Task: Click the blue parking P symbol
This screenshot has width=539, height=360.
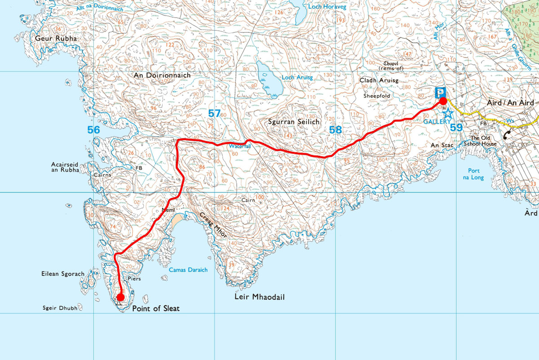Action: [440, 92]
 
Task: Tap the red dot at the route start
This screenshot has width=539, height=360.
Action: [443, 101]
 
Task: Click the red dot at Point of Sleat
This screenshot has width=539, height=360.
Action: [120, 297]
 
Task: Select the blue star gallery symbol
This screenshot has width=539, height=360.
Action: [448, 113]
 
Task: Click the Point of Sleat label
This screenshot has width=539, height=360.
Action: [156, 309]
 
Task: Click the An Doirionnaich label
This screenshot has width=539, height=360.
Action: [162, 76]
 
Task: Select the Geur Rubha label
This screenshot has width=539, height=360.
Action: [56, 39]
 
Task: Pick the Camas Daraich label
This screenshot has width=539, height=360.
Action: [188, 270]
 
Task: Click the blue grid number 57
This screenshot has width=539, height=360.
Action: [214, 114]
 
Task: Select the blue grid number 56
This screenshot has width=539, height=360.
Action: [93, 130]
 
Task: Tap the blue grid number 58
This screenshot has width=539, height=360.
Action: [336, 130]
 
